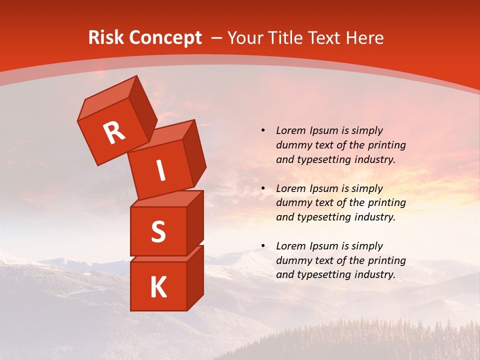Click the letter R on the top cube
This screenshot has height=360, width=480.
pos(114,132)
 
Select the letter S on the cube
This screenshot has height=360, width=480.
pos(158,231)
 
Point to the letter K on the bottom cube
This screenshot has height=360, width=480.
pos(158,287)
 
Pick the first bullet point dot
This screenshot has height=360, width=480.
pos(263,130)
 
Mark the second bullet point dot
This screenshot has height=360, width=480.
pos(263,188)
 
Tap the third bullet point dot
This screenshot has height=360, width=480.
pos(263,246)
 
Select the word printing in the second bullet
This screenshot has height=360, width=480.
pos(385,203)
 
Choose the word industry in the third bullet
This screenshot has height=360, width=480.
pos(375,274)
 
